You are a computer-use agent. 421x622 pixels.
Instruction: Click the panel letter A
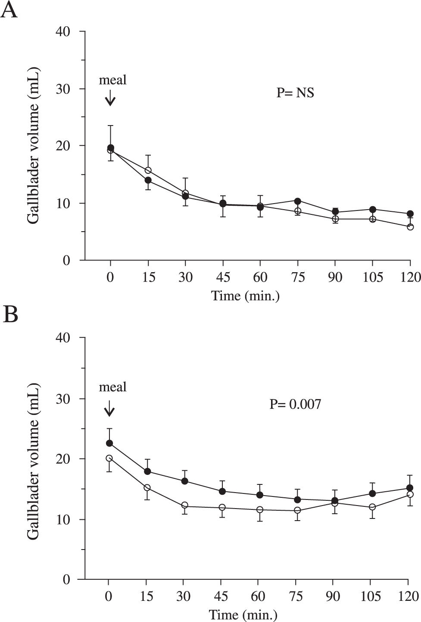coord(9,10)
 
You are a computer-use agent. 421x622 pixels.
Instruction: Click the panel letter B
coord(10,315)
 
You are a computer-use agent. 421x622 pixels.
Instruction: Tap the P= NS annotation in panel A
coord(295,92)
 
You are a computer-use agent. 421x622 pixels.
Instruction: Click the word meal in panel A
coord(112,80)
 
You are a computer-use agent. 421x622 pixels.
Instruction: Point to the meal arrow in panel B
coord(109,408)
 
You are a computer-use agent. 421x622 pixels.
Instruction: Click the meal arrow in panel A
coord(111,97)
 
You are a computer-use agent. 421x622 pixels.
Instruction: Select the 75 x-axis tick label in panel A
coord(297,277)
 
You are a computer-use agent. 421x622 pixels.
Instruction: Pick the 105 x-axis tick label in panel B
coord(371,596)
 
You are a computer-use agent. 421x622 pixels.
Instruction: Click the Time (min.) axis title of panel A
coord(245,296)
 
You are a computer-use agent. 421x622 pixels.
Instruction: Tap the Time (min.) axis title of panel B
coord(243,614)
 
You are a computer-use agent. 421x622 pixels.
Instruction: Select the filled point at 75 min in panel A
coord(297,201)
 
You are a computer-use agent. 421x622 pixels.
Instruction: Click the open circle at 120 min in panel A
coord(410,227)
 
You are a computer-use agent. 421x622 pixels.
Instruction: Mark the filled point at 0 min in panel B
coord(109,443)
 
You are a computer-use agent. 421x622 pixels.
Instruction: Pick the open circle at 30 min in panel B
coord(185,505)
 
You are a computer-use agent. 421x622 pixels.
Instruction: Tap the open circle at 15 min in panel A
coord(148,170)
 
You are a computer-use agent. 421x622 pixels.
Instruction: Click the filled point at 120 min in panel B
coord(408,488)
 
